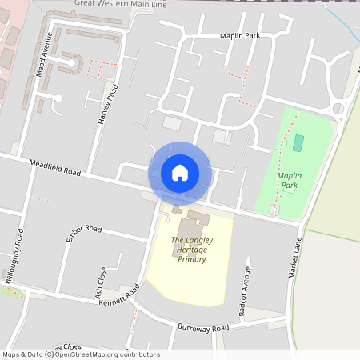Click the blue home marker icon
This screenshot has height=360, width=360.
(180, 172)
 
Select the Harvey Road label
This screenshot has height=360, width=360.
(108, 104)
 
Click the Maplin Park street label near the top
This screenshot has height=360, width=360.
(241, 35)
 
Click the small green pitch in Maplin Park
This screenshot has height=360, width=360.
(298, 143)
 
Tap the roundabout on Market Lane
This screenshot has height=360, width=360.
(338, 108)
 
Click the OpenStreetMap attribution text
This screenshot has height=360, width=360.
(80, 354)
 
